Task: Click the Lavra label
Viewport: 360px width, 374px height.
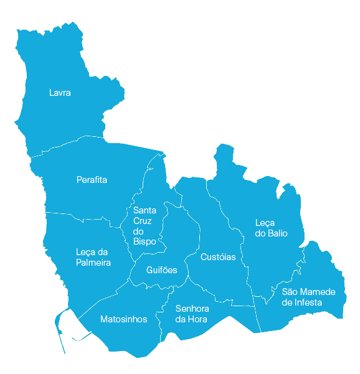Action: pyautogui.click(x=60, y=93)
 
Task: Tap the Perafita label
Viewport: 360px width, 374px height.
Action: pyautogui.click(x=92, y=180)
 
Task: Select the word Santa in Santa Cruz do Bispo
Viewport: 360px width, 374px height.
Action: pyautogui.click(x=144, y=210)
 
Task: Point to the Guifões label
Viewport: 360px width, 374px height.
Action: pyautogui.click(x=162, y=270)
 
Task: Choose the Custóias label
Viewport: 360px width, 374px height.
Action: pyautogui.click(x=218, y=257)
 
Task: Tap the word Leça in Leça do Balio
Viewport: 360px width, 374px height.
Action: pyautogui.click(x=265, y=223)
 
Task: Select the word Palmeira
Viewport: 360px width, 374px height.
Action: pyautogui.click(x=93, y=263)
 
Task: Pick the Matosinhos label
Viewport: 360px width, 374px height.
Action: pyautogui.click(x=124, y=319)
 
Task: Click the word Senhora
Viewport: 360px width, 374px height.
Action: pyautogui.click(x=192, y=309)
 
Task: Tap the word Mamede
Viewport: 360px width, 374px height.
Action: pyautogui.click(x=318, y=292)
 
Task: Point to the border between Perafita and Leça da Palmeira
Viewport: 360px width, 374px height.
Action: pyautogui.click(x=81, y=215)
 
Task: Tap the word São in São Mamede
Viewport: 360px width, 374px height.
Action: pyautogui.click(x=290, y=292)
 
